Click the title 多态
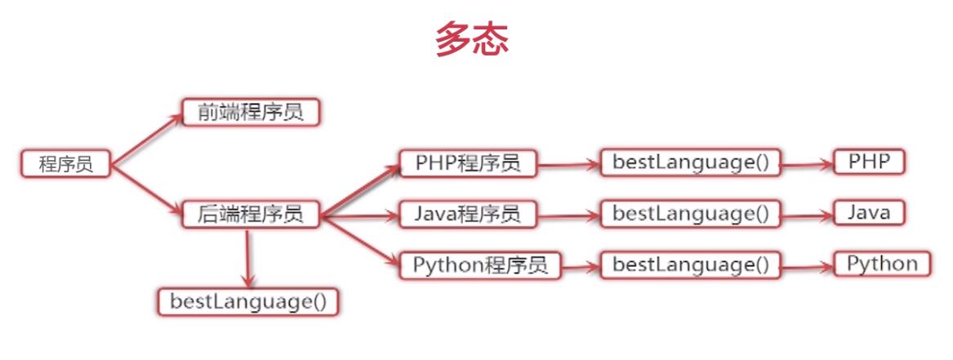[472, 38]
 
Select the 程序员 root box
[65, 164]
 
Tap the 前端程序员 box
[250, 112]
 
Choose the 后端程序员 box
[250, 215]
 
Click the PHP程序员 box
[467, 163]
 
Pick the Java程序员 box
[467, 215]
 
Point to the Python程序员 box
[480, 265]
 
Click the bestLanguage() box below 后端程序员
[248, 301]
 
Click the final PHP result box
[869, 161]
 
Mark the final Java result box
[869, 212]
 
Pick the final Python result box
[882, 264]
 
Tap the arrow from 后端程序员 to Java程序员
[359, 216]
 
